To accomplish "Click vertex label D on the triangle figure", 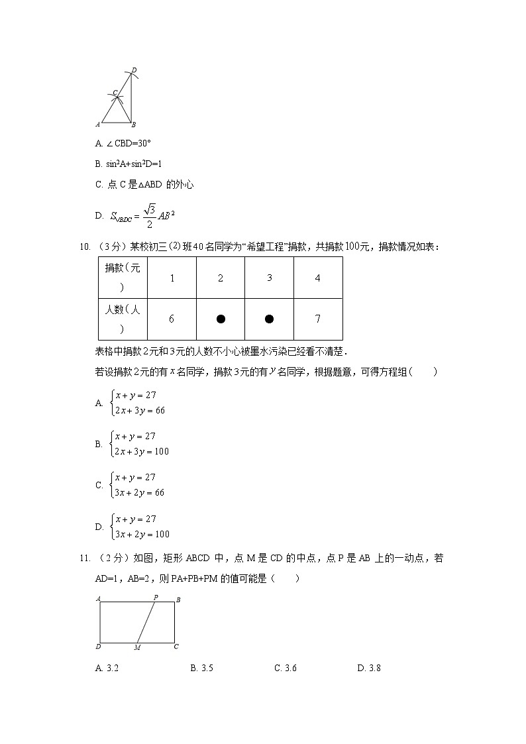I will click(134, 70).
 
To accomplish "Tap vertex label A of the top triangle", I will click(98, 124).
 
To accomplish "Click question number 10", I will click(85, 247).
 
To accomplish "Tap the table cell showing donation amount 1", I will click(172, 278).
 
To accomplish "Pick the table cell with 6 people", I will click(172, 319).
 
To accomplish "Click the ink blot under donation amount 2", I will click(221, 319).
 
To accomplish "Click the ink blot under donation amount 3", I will click(269, 319).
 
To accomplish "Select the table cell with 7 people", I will click(318, 319).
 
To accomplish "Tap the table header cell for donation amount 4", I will click(318, 278).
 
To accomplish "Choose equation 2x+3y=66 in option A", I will click(140, 411).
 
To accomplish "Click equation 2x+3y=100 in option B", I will click(142, 452).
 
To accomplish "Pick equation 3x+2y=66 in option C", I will click(140, 493).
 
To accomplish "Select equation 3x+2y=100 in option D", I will click(142, 535).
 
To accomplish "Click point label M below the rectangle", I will click(137, 647).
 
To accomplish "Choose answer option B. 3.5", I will click(201, 668).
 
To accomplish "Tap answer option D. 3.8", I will click(369, 668).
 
